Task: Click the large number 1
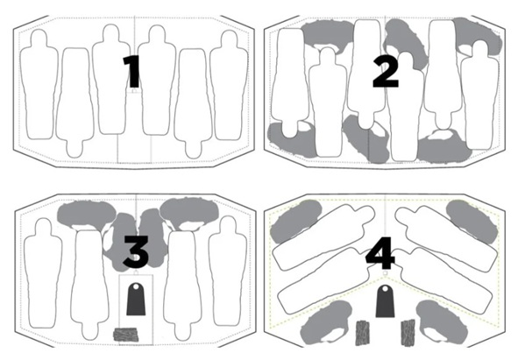pos(131,72)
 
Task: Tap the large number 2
pos(386,71)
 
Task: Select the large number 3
pos(136,251)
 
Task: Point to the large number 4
pos(380,253)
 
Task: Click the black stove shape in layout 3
pos(136,299)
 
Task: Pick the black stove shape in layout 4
pos(385,301)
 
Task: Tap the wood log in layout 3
pos(125,335)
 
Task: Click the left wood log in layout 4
pos(362,333)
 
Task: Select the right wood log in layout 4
pos(408,332)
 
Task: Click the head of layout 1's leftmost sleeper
pos(39,39)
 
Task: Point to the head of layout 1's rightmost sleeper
pos(230,39)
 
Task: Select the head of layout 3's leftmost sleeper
pos(44,227)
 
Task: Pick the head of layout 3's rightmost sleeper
pos(228,225)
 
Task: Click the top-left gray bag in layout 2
pos(327,34)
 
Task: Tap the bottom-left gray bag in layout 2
pos(292,140)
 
